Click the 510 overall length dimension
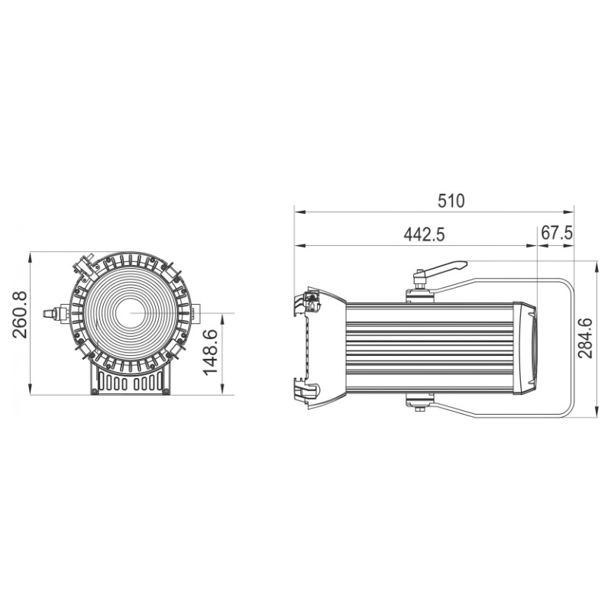(x=451, y=201)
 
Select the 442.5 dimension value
(x=424, y=235)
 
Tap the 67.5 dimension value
(x=557, y=233)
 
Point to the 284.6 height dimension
(x=585, y=338)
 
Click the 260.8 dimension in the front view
(x=20, y=315)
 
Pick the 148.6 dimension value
(x=211, y=352)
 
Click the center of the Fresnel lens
(x=130, y=313)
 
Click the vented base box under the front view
(x=130, y=380)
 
